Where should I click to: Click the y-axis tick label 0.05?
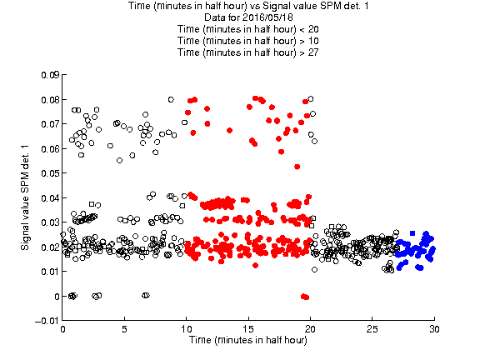click(x=50, y=173)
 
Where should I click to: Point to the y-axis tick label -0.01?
click(x=47, y=321)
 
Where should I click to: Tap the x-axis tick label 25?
click(x=372, y=329)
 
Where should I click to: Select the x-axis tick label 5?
click(x=125, y=329)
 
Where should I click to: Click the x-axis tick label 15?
click(x=248, y=329)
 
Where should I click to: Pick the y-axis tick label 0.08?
click(x=50, y=99)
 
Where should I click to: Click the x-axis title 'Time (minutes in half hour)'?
click(x=248, y=340)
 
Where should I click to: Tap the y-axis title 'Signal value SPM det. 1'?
click(x=25, y=197)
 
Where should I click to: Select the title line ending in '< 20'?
click(x=248, y=29)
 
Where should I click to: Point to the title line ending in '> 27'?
click(x=248, y=52)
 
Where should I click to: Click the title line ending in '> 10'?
click(x=248, y=41)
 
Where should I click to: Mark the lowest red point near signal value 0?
click(x=305, y=297)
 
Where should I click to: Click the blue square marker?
click(x=412, y=233)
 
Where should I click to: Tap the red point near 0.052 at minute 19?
click(x=297, y=167)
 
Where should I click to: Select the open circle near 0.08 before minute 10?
click(x=171, y=99)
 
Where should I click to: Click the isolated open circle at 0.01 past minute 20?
click(x=314, y=269)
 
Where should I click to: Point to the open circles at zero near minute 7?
click(x=146, y=295)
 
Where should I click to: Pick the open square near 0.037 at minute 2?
click(x=92, y=204)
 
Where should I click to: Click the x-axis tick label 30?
click(x=434, y=329)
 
